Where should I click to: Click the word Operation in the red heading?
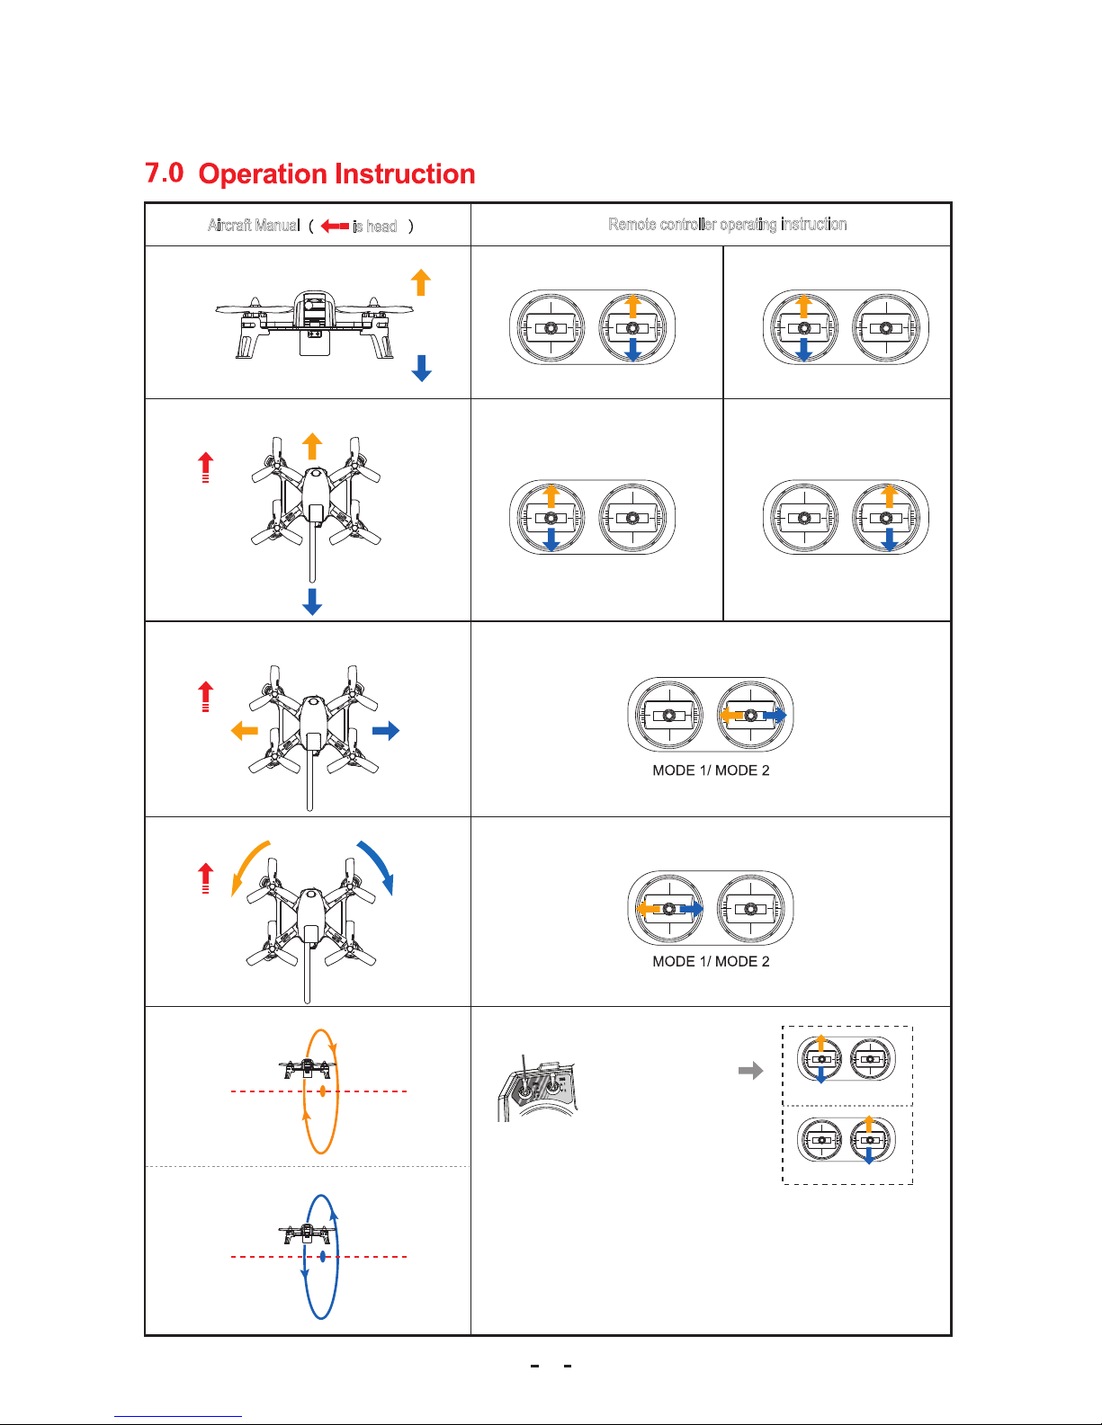(267, 174)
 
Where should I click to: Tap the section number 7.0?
(165, 172)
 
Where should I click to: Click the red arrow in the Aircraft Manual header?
(335, 226)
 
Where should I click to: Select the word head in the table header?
(381, 226)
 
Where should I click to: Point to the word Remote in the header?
(632, 224)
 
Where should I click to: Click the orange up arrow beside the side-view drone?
(421, 282)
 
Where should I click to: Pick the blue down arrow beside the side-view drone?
(421, 368)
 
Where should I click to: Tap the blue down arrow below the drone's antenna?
(312, 601)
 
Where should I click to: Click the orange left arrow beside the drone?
(245, 730)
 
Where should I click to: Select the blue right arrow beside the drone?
(386, 730)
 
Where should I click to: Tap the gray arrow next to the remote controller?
(750, 1071)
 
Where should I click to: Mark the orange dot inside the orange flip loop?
(322, 1091)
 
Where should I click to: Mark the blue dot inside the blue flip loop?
(322, 1257)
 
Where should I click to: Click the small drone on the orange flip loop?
(307, 1069)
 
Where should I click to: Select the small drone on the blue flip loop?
(307, 1234)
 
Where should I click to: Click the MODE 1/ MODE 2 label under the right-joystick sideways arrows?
(711, 770)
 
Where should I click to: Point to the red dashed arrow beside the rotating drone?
(206, 877)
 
